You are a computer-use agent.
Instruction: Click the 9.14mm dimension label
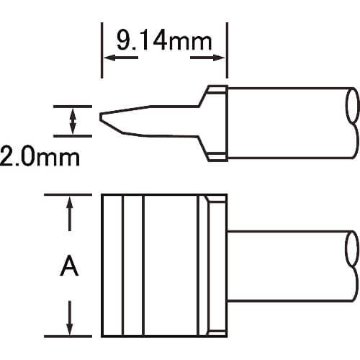tap(164, 40)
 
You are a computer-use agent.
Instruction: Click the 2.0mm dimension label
tap(40, 157)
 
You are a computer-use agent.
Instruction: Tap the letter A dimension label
tap(69, 266)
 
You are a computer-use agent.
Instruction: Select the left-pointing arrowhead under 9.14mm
tap(109, 58)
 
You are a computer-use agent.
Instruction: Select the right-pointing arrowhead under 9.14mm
tap(219, 58)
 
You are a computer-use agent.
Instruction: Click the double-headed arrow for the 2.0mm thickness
tap(73, 121)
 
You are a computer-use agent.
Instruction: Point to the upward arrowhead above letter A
tap(70, 202)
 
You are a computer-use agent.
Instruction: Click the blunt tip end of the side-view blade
tap(101, 117)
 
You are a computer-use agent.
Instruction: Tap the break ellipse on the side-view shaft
tap(353, 105)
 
